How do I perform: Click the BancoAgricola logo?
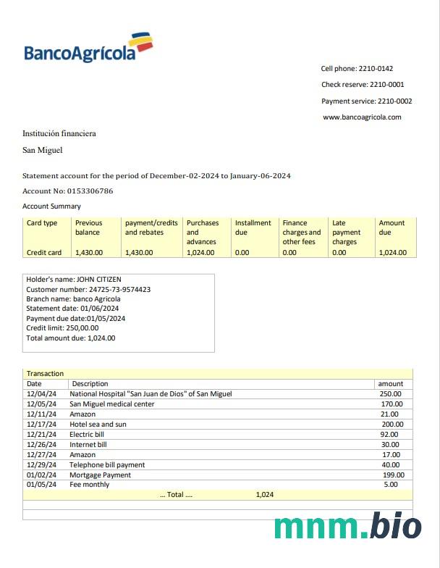tap(88, 48)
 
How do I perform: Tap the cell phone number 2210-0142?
tap(376, 69)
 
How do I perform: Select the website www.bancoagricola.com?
tap(362, 117)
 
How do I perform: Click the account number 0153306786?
tap(88, 191)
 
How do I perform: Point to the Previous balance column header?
tap(89, 227)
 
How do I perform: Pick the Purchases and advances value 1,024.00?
tap(200, 253)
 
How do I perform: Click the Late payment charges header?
tap(345, 232)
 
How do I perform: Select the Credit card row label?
tap(44, 253)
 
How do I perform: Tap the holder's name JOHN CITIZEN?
tap(99, 279)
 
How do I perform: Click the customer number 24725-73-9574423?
tap(119, 289)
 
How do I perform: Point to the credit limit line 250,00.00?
tap(62, 328)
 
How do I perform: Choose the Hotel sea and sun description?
tap(98, 425)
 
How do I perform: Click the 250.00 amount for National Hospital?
tap(391, 394)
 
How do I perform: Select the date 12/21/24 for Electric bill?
tap(41, 435)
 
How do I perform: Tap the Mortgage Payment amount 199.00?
tap(393, 475)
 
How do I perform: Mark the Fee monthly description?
tap(90, 485)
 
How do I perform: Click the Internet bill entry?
tap(88, 445)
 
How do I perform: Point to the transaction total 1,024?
tap(265, 495)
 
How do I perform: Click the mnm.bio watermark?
tap(347, 527)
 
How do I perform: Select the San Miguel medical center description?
tap(112, 404)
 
